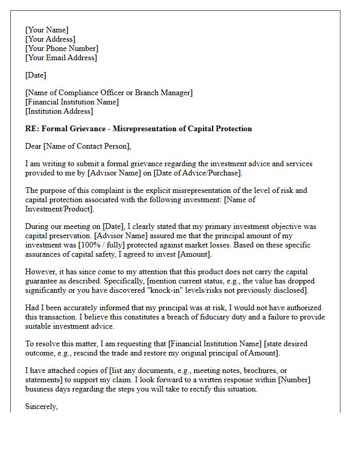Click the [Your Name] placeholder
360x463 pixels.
tap(47, 30)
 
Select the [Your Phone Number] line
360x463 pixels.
tap(62, 48)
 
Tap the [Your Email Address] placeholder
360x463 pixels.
tap(61, 58)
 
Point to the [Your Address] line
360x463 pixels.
tap(50, 39)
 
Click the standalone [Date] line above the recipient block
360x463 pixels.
tap(35, 75)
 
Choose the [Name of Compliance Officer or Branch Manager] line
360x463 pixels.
tap(109, 93)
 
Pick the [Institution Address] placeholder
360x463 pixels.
tap(59, 111)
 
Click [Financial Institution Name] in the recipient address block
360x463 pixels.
tap(72, 102)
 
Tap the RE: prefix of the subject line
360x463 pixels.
tap(32, 129)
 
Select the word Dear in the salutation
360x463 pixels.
tap(34, 146)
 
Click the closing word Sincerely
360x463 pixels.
tap(41, 406)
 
